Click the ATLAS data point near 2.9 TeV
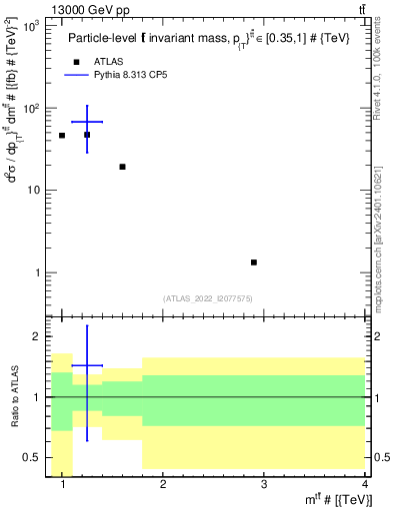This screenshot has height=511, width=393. coord(254,262)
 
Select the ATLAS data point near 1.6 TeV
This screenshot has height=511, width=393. coord(122,167)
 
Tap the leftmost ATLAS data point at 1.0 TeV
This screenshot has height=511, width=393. coord(62,136)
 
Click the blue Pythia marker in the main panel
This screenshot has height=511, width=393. coord(87,122)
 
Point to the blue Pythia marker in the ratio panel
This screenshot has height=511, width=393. coord(87,366)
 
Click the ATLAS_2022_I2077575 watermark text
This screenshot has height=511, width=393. coord(207,298)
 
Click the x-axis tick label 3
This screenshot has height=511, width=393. coord(264,485)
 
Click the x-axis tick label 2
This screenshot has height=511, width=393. coord(163,485)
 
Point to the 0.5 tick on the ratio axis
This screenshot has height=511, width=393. coord(33,458)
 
